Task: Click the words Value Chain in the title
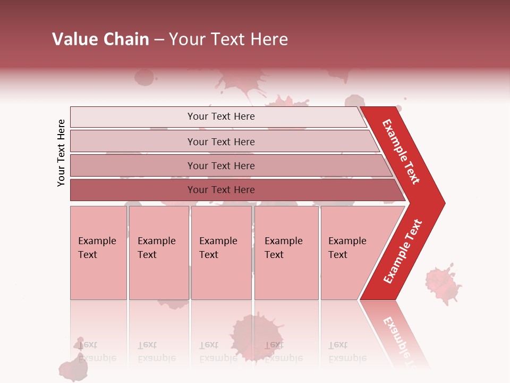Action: pyautogui.click(x=100, y=39)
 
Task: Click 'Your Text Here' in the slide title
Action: pyautogui.click(x=228, y=39)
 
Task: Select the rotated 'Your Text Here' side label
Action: pyautogui.click(x=62, y=153)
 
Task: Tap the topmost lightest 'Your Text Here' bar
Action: pyautogui.click(x=220, y=116)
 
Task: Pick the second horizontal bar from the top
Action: pyautogui.click(x=220, y=141)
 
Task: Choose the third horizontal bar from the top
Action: pyautogui.click(x=220, y=165)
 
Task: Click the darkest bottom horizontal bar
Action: pyautogui.click(x=220, y=190)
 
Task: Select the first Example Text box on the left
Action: pyautogui.click(x=98, y=253)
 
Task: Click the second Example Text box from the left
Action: pyautogui.click(x=159, y=253)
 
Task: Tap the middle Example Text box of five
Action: pyautogui.click(x=221, y=253)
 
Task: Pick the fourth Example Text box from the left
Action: pyautogui.click(x=286, y=253)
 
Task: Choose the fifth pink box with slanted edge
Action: pyautogui.click(x=351, y=253)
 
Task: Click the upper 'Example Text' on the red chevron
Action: pyautogui.click(x=401, y=151)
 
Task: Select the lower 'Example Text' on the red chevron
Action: pyautogui.click(x=403, y=252)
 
